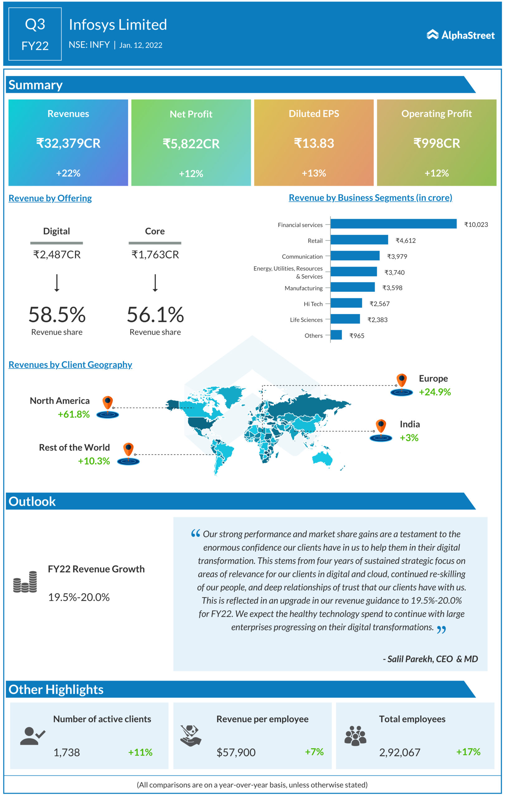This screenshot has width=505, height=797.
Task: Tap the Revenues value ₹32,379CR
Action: coord(68,143)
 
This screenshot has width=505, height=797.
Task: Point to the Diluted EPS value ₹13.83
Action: coord(314,143)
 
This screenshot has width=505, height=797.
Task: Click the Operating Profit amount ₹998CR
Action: coord(436,143)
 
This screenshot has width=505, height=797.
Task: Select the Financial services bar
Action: coord(393,224)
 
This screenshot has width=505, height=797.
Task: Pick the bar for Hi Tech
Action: coord(346,303)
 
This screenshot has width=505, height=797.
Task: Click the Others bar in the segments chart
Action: coord(336,335)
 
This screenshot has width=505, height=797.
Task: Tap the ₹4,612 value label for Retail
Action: coord(405,241)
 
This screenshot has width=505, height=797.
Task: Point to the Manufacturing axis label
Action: coord(303,288)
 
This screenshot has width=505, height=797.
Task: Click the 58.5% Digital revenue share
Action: coord(57,314)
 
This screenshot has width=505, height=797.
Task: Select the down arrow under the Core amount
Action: coord(155,283)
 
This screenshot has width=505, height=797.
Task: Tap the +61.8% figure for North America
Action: coord(74,414)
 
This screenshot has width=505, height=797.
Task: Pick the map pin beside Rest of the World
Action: coord(128,453)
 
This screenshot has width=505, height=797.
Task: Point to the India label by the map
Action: coord(410,424)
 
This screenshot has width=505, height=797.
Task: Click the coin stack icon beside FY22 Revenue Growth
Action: coord(25,582)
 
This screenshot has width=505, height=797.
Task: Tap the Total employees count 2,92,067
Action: coord(399,753)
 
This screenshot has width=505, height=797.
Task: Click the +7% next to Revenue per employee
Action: coord(314,752)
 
